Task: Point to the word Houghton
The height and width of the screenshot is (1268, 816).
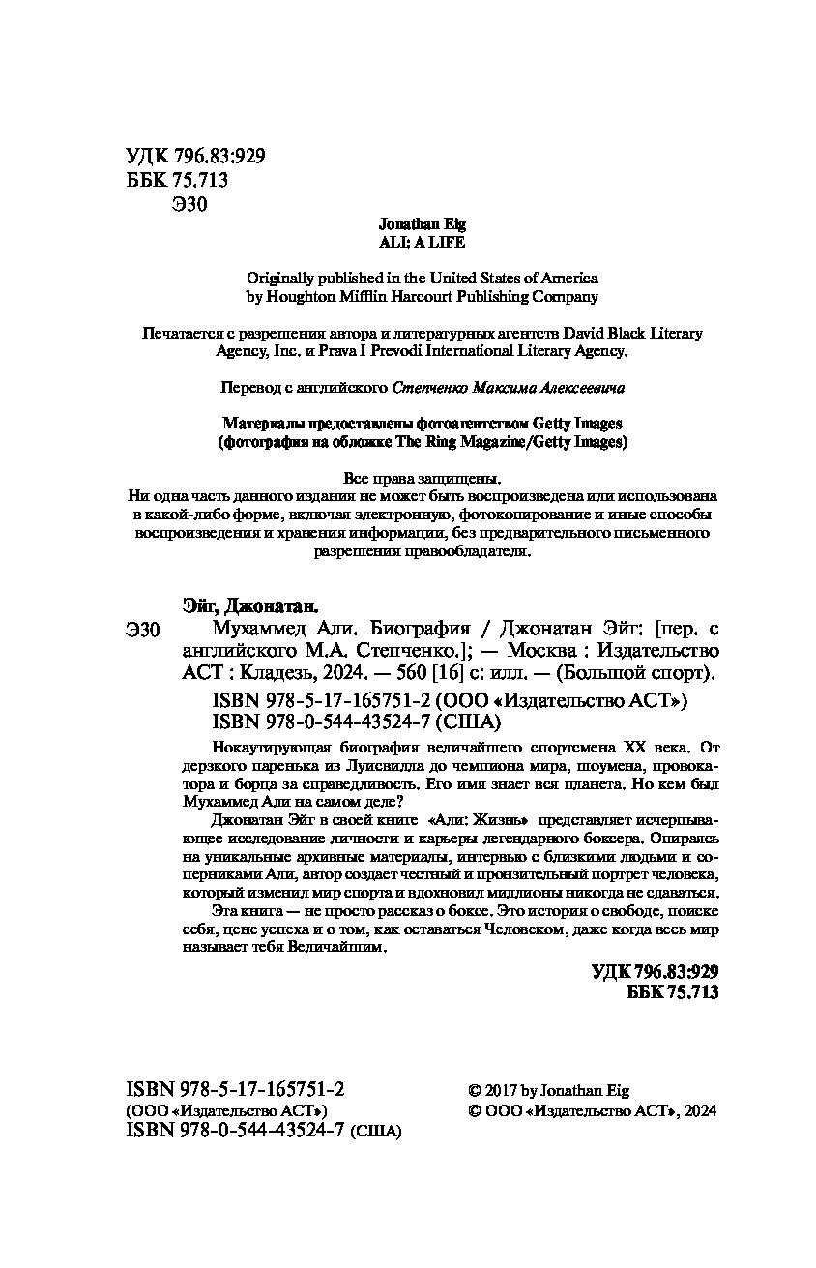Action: pyautogui.click(x=302, y=297)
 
